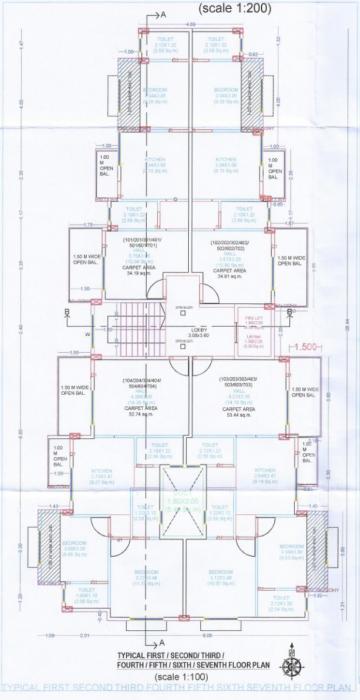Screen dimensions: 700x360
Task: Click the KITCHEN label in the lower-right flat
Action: [265, 472]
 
